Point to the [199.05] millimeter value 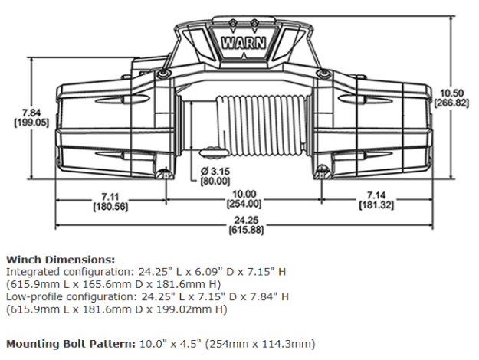[31, 121]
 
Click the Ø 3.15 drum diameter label [215, 170]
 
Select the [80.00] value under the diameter [215, 181]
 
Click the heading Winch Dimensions [60, 260]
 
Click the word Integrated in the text [31, 271]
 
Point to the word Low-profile [32, 296]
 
